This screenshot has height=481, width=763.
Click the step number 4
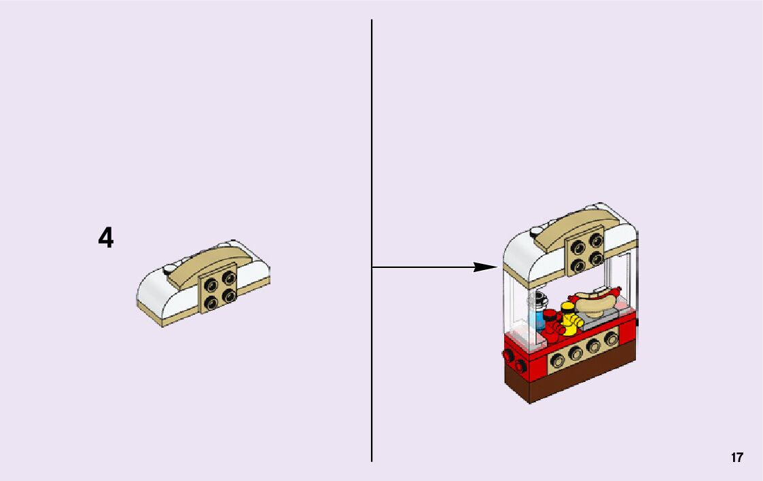pyautogui.click(x=106, y=238)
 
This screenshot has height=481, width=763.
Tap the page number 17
pyautogui.click(x=737, y=458)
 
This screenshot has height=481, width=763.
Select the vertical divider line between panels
pyautogui.click(x=372, y=170)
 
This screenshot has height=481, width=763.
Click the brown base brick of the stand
pyautogui.click(x=571, y=381)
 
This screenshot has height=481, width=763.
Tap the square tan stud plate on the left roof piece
pyautogui.click(x=219, y=288)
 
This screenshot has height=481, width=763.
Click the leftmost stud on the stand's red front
pyautogui.click(x=558, y=359)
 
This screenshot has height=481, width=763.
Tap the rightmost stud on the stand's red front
pyautogui.click(x=611, y=338)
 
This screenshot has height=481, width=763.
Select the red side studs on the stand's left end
pyautogui.click(x=514, y=362)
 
